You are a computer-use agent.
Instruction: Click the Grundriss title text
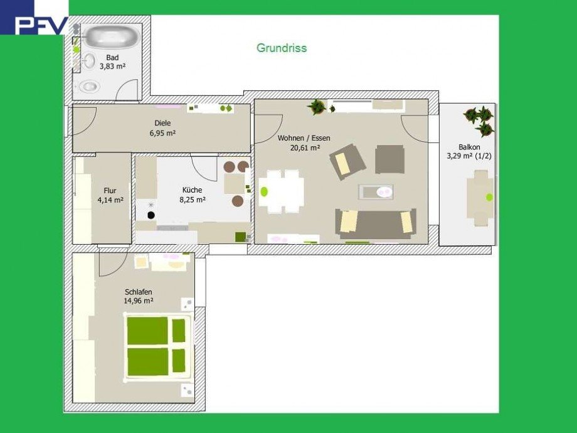point(282,48)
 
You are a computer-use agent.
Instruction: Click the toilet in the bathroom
point(88,86)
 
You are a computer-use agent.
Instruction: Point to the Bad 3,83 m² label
point(112,61)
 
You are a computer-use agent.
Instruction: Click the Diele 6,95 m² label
point(162,128)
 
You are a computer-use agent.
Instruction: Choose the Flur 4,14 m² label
point(110,195)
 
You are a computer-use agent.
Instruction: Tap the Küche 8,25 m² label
point(193,195)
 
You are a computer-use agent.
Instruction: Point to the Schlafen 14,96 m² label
point(138,296)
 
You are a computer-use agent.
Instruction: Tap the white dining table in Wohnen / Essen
point(282,191)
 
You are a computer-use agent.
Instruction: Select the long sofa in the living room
point(375,223)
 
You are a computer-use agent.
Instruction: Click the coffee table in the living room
point(376,191)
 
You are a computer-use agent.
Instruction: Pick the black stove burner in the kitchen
point(151,215)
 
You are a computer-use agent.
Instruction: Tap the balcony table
point(480,197)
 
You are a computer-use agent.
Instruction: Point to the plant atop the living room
point(317,107)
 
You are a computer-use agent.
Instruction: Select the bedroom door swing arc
point(112,265)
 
